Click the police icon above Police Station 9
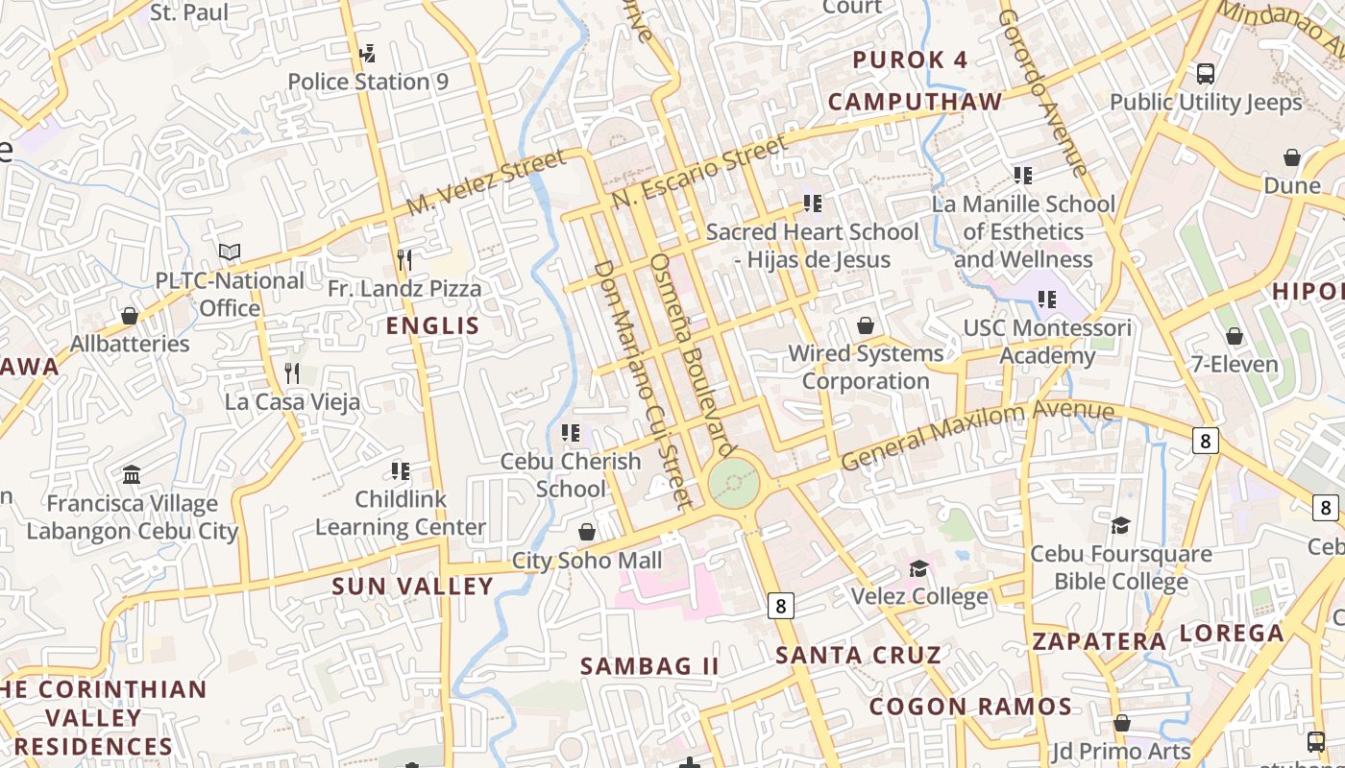(x=367, y=53)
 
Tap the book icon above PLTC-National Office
(x=230, y=252)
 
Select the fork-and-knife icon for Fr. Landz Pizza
(x=404, y=259)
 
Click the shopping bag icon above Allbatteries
(x=130, y=316)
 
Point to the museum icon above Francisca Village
(x=132, y=475)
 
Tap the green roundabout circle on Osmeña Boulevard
(x=734, y=483)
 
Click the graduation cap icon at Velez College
(x=919, y=568)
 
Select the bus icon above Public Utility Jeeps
(x=1206, y=73)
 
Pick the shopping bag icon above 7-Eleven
(x=1235, y=336)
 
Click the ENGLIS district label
(x=432, y=325)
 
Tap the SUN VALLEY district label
(x=413, y=586)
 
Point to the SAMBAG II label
(x=649, y=665)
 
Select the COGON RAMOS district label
(x=970, y=708)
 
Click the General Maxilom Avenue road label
(x=977, y=434)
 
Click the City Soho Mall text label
(x=587, y=561)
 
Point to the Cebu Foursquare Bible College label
(x=1121, y=567)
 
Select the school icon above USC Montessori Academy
(x=1047, y=300)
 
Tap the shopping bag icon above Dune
(x=1292, y=157)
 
